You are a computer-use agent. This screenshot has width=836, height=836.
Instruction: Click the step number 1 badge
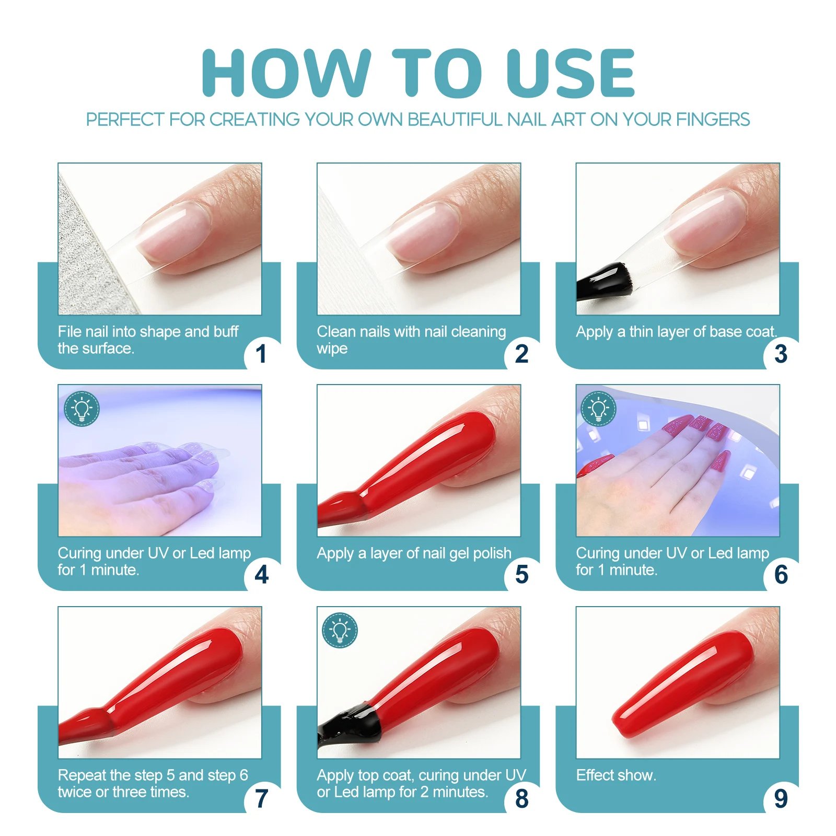pos(262,354)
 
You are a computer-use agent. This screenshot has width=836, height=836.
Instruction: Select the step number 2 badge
pos(521,354)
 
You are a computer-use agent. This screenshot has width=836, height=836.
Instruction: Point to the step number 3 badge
pos(781,354)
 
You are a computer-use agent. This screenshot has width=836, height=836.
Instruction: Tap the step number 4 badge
pos(262,575)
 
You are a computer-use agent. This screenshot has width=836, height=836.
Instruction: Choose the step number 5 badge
pos(521,575)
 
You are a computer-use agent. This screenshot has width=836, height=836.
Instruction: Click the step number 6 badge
pos(781,575)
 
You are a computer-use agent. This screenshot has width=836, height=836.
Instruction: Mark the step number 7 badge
pos(262,798)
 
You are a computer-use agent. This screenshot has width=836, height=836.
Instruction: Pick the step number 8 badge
pos(521,798)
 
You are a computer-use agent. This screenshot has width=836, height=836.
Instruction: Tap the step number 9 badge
pos(781,798)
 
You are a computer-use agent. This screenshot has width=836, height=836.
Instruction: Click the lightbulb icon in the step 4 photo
pos(82,409)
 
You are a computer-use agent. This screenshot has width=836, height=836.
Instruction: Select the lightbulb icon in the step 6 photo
pos(599,409)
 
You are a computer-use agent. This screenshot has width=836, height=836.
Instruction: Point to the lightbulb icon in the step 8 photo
pos(340,631)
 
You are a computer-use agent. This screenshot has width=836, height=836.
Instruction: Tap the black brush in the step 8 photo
pos(349,724)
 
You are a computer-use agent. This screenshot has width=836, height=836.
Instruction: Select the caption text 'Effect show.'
pos(616,775)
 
